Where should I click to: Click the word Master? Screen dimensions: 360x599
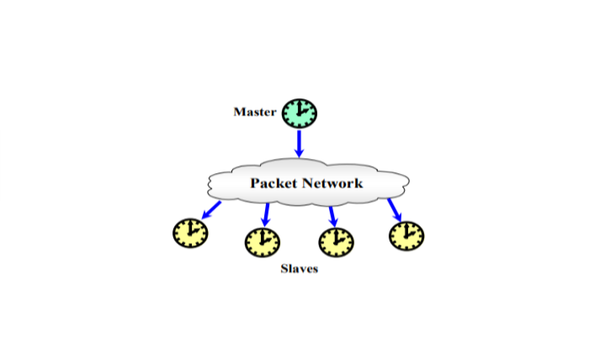pyautogui.click(x=255, y=112)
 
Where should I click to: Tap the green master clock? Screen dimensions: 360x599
pyautogui.click(x=299, y=113)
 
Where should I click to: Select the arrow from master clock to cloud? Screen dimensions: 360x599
pyautogui.click(x=299, y=143)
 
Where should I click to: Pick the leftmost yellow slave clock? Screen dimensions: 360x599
pyautogui.click(x=190, y=232)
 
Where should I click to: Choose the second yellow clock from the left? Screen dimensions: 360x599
pyautogui.click(x=262, y=243)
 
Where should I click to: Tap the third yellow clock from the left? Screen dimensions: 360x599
pyautogui.click(x=336, y=243)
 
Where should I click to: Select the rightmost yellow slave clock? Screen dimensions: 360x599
pyautogui.click(x=406, y=235)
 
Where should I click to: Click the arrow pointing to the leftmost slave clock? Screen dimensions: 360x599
pyautogui.click(x=208, y=209)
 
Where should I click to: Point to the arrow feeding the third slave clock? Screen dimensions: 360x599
pyautogui.click(x=332, y=215)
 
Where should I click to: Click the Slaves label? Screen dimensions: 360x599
pyautogui.click(x=299, y=270)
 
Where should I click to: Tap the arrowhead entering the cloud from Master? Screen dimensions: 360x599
pyautogui.click(x=299, y=154)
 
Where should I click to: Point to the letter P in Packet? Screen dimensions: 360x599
pyautogui.click(x=256, y=183)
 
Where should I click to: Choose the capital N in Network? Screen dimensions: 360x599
pyautogui.click(x=314, y=183)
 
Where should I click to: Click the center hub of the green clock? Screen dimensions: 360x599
pyautogui.click(x=299, y=113)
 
